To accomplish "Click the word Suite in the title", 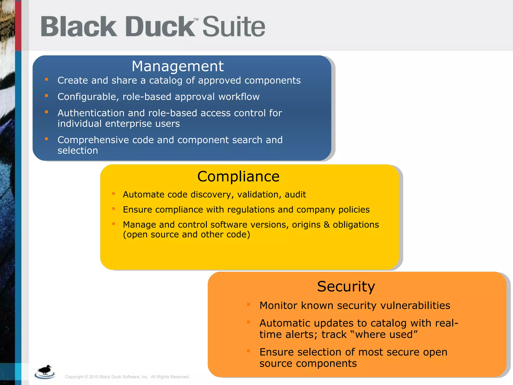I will coord(233,27).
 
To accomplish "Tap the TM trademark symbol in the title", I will coord(196,19).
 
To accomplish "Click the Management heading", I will coord(178,66).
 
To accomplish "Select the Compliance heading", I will coord(238,176).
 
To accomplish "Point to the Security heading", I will coord(346,286).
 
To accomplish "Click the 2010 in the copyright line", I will coord(94,377).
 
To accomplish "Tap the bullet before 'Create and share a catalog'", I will coord(46,79).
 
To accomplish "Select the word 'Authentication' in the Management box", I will coord(91,113).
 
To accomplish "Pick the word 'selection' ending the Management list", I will coord(78,150).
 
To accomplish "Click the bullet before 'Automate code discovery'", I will coord(113,194).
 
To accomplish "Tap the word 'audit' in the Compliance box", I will coord(295,195).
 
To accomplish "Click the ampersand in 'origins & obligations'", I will coord(327,225).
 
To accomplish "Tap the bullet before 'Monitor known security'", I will coord(248,305).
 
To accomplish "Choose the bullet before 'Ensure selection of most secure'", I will coord(248,351).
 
